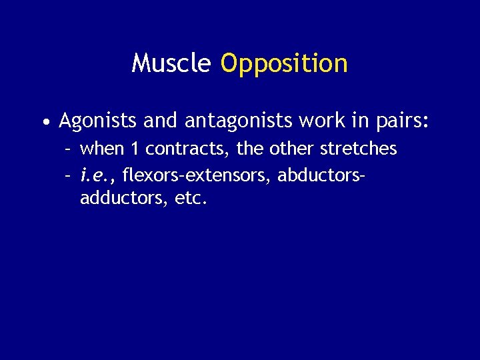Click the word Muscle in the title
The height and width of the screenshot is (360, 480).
coord(171,63)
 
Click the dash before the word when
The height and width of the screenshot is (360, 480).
coord(68,149)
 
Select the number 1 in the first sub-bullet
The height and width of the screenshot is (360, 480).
coord(133,148)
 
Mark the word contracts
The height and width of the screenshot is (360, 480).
coord(186,149)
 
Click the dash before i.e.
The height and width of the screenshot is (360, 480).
coord(68,175)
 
